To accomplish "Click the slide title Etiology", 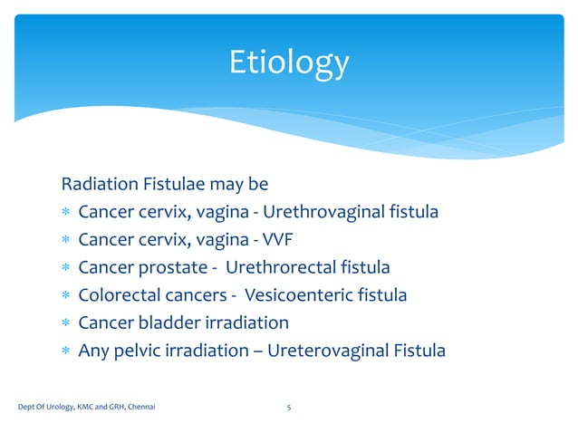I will [x=288, y=63].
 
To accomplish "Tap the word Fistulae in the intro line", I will [x=172, y=185].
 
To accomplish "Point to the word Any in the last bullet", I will [x=93, y=351].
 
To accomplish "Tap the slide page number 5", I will [x=288, y=408].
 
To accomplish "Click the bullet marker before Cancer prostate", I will [x=65, y=269].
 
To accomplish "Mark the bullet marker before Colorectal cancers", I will [x=65, y=296].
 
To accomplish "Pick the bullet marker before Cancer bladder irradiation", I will [x=65, y=323].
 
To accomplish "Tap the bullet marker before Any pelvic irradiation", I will [x=65, y=351].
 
